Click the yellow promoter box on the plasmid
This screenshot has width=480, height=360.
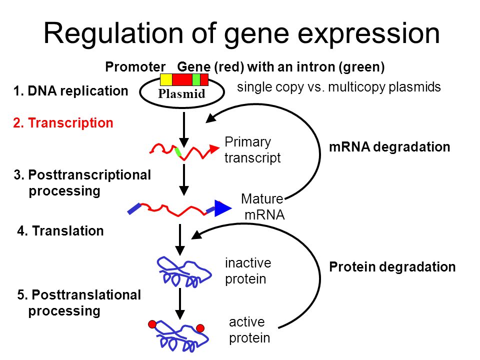(166, 79)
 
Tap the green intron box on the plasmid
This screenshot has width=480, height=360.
(196, 79)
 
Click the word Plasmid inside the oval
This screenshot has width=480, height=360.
(181, 93)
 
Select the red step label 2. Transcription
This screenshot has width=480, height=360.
(63, 123)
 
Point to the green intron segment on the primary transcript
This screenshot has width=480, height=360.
(178, 152)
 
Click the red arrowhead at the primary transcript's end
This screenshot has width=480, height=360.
(214, 149)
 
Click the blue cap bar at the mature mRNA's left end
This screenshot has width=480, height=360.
(134, 208)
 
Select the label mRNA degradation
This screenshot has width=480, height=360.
(389, 147)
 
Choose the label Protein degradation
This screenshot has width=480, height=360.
(392, 267)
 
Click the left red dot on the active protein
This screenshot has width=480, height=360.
(152, 324)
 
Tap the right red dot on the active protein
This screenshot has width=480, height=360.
(200, 328)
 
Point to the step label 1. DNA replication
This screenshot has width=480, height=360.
(70, 91)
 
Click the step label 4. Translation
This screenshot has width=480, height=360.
(60, 231)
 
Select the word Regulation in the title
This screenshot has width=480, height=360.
(113, 33)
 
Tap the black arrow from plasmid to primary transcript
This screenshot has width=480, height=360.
(183, 129)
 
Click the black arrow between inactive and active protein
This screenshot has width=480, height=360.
(180, 303)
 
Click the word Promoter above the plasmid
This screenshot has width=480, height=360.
(135, 66)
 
